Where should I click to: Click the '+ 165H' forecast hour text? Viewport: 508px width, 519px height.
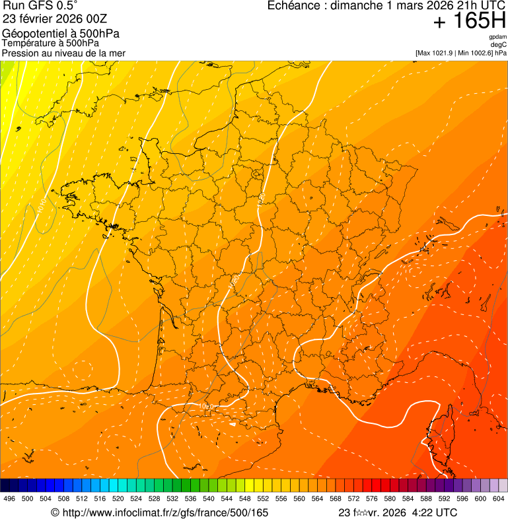(x=469, y=22)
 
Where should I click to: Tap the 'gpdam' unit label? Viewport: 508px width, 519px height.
(x=497, y=37)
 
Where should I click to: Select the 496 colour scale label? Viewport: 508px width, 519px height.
(x=9, y=499)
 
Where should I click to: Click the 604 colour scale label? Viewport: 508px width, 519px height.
(x=499, y=499)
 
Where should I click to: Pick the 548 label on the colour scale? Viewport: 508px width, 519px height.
(x=245, y=499)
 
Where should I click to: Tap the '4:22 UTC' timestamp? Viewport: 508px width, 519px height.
(x=433, y=512)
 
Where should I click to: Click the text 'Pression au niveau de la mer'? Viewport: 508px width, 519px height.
(x=63, y=53)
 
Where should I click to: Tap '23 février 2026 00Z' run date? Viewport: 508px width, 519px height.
(x=54, y=18)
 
